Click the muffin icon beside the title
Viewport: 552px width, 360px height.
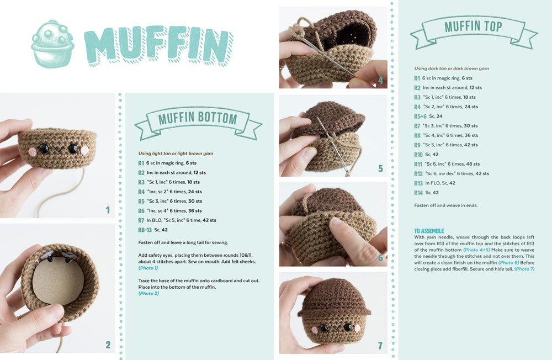click(x=53, y=44)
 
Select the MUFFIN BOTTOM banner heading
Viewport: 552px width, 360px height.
click(x=198, y=118)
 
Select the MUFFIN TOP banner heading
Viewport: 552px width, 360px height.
click(x=473, y=27)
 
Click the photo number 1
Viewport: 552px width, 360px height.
click(x=108, y=210)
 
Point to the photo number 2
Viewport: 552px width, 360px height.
click(x=108, y=345)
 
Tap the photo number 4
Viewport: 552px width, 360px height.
click(x=380, y=81)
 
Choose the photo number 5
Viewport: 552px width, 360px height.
click(x=380, y=168)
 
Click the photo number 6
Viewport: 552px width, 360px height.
click(x=380, y=257)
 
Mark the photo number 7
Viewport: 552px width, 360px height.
click(x=380, y=346)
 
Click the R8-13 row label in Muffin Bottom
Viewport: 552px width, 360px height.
click(x=145, y=230)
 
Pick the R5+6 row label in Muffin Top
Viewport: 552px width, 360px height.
click(x=420, y=117)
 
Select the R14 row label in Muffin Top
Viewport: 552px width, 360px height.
click(x=418, y=193)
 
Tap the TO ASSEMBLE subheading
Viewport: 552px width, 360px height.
click(x=429, y=231)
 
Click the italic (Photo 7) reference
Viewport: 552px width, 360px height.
click(x=524, y=269)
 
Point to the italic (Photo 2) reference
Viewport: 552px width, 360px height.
click(x=148, y=293)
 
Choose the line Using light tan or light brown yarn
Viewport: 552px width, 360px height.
click(x=176, y=153)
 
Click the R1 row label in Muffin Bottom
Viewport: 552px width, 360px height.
click(x=141, y=163)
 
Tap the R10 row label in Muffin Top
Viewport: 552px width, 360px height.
click(x=418, y=155)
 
